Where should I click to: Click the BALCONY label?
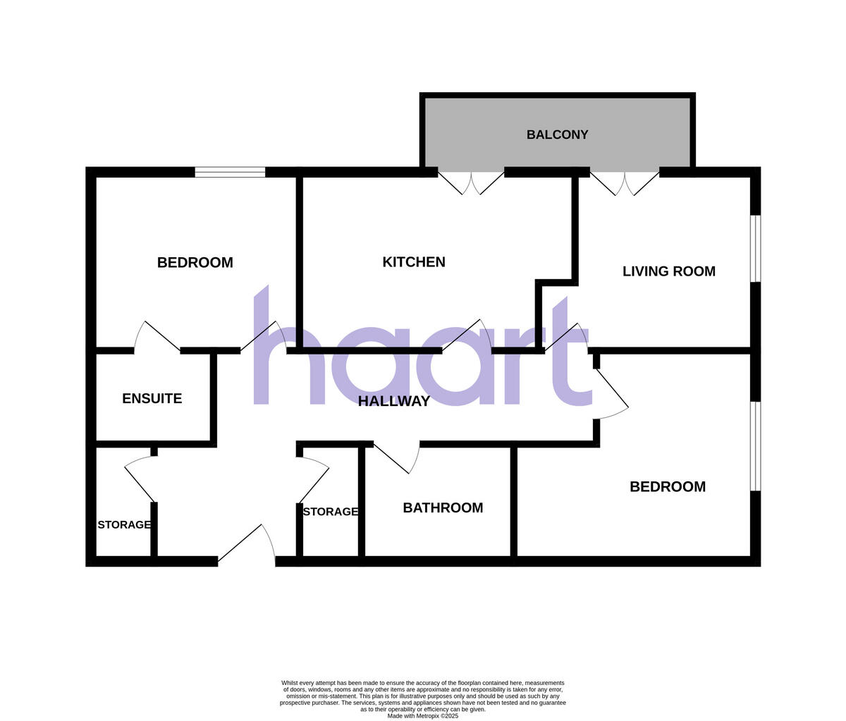tap(557, 135)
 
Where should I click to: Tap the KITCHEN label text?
tap(414, 262)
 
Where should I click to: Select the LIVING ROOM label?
tap(668, 271)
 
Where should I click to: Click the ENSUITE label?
tap(152, 398)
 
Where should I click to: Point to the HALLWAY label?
tap(394, 402)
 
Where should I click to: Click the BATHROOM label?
tap(443, 507)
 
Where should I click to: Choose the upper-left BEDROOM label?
tap(195, 263)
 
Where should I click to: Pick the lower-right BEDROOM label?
tap(667, 486)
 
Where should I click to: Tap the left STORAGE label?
tap(123, 525)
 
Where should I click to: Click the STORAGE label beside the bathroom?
tap(330, 512)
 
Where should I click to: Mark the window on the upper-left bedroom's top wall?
tap(230, 172)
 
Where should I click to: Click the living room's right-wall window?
tap(755, 248)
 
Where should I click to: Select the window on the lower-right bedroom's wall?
tap(755, 445)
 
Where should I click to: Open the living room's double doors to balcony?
tap(625, 181)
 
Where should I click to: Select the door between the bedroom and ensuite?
tap(157, 338)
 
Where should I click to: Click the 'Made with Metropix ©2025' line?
tap(422, 715)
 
